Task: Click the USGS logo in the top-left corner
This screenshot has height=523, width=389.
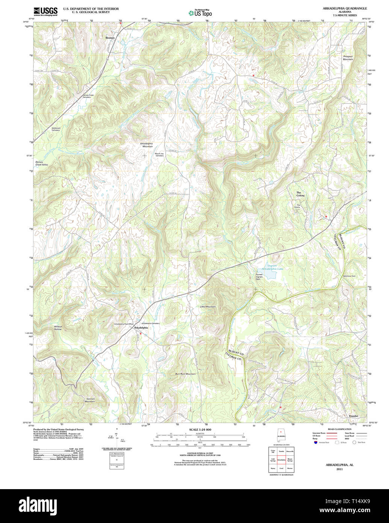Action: click(45, 11)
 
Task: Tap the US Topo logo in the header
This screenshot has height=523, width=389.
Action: click(200, 13)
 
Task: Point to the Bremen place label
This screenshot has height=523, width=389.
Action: click(110, 38)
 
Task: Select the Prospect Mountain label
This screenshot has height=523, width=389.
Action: click(348, 58)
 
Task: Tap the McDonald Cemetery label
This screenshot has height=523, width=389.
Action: click(56, 129)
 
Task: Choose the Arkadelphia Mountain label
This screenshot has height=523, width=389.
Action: click(146, 145)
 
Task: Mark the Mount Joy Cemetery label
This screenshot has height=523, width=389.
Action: click(159, 154)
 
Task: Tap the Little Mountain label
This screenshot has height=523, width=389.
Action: click(207, 307)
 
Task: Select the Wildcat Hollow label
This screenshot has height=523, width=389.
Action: click(58, 328)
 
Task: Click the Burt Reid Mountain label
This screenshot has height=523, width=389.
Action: click(185, 374)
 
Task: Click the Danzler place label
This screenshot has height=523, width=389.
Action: click(353, 416)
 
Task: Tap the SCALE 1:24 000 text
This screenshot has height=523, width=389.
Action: click(200, 430)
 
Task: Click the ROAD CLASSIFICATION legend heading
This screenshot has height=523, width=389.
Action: click(339, 429)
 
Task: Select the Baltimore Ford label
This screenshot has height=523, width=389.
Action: click(349, 276)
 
